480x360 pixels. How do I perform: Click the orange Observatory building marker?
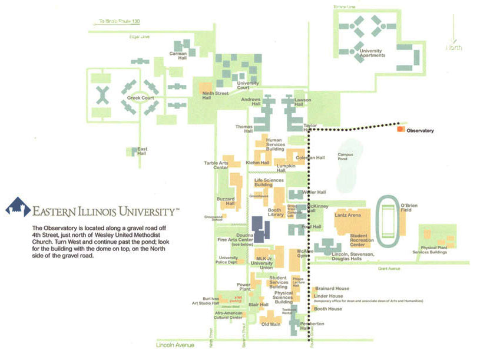coord(400,128)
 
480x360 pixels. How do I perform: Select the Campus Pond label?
coord(346,157)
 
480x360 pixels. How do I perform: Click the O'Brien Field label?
coord(409,209)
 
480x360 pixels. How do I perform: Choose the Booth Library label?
coord(275,213)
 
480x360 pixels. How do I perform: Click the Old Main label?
coord(270,324)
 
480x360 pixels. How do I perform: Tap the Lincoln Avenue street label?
coord(176,345)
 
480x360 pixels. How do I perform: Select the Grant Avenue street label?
coord(389,268)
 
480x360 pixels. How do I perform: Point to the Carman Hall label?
coord(178,56)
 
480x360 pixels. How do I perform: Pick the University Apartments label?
coord(372,53)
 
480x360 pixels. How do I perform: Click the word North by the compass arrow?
coord(454,47)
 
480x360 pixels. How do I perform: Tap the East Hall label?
coord(142,151)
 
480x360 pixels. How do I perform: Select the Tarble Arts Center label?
coord(216,165)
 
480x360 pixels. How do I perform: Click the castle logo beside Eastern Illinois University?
coord(18,208)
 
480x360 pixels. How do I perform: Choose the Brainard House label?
coord(332,289)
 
